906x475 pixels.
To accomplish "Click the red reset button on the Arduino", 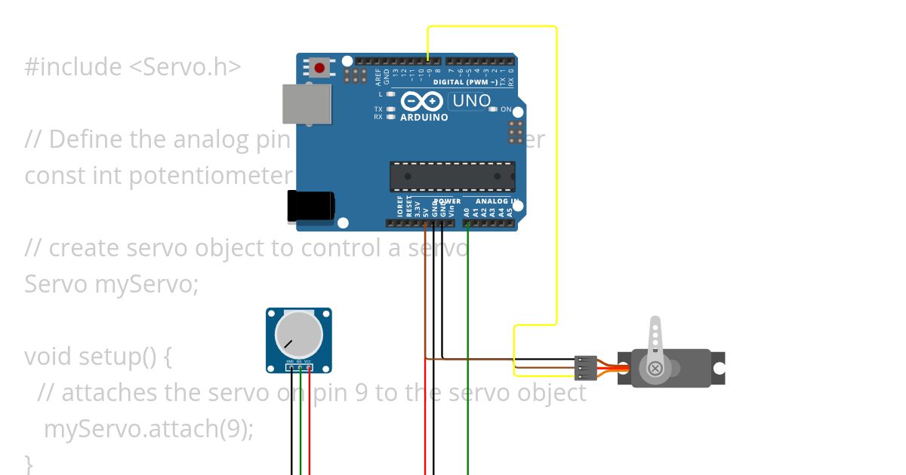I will (x=319, y=69).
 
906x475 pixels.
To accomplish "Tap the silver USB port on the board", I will (x=307, y=104).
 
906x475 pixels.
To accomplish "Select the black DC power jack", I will (x=310, y=207).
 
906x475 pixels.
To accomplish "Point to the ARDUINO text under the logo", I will (x=424, y=118).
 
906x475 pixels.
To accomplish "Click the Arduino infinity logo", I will (x=421, y=101).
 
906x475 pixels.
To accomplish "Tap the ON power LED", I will (x=493, y=109).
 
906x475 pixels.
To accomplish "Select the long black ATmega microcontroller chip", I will (x=452, y=176).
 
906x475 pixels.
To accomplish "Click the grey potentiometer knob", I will (x=298, y=335).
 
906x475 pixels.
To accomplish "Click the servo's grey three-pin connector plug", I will (x=586, y=368).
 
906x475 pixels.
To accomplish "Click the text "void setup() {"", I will (x=98, y=356).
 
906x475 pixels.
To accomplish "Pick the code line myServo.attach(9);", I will (x=148, y=428).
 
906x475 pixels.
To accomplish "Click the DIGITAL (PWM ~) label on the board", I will (x=465, y=82).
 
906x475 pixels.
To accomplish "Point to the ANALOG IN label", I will (x=496, y=201).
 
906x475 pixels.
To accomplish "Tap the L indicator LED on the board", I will (x=390, y=94).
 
